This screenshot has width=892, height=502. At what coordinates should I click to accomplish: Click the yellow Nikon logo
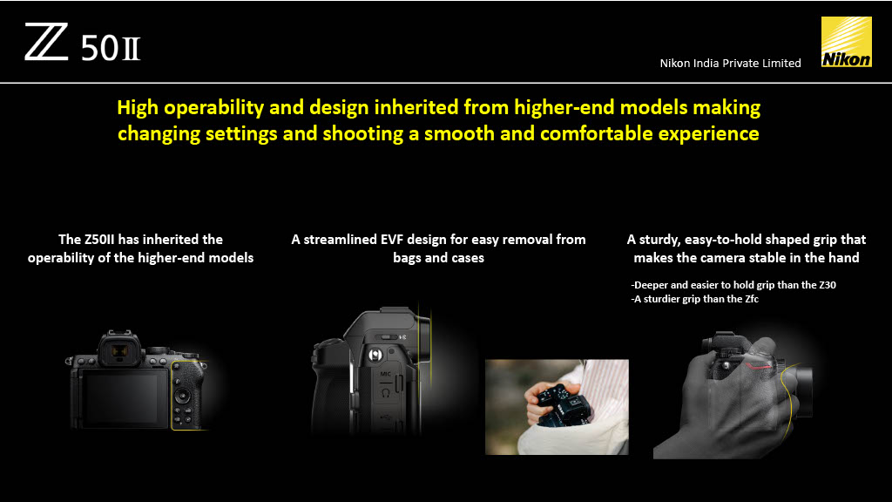(x=847, y=42)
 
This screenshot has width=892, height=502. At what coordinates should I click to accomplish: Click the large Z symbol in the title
(x=46, y=42)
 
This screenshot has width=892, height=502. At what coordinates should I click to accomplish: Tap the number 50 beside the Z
(x=99, y=48)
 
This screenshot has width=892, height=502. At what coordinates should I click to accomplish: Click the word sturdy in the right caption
(x=659, y=240)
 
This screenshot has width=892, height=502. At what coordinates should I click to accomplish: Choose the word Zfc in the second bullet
(x=752, y=299)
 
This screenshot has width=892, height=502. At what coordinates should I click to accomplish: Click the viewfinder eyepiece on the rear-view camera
(x=118, y=351)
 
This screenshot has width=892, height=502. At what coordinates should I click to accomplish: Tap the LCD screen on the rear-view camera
(x=122, y=397)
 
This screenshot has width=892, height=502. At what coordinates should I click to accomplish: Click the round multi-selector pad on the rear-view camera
(x=183, y=396)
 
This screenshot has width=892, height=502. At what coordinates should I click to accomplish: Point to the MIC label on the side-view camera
(x=385, y=374)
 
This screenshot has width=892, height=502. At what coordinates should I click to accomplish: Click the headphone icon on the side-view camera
(x=385, y=393)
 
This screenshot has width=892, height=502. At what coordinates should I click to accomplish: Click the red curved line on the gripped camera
(x=759, y=365)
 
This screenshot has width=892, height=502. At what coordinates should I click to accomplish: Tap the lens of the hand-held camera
(x=801, y=390)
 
